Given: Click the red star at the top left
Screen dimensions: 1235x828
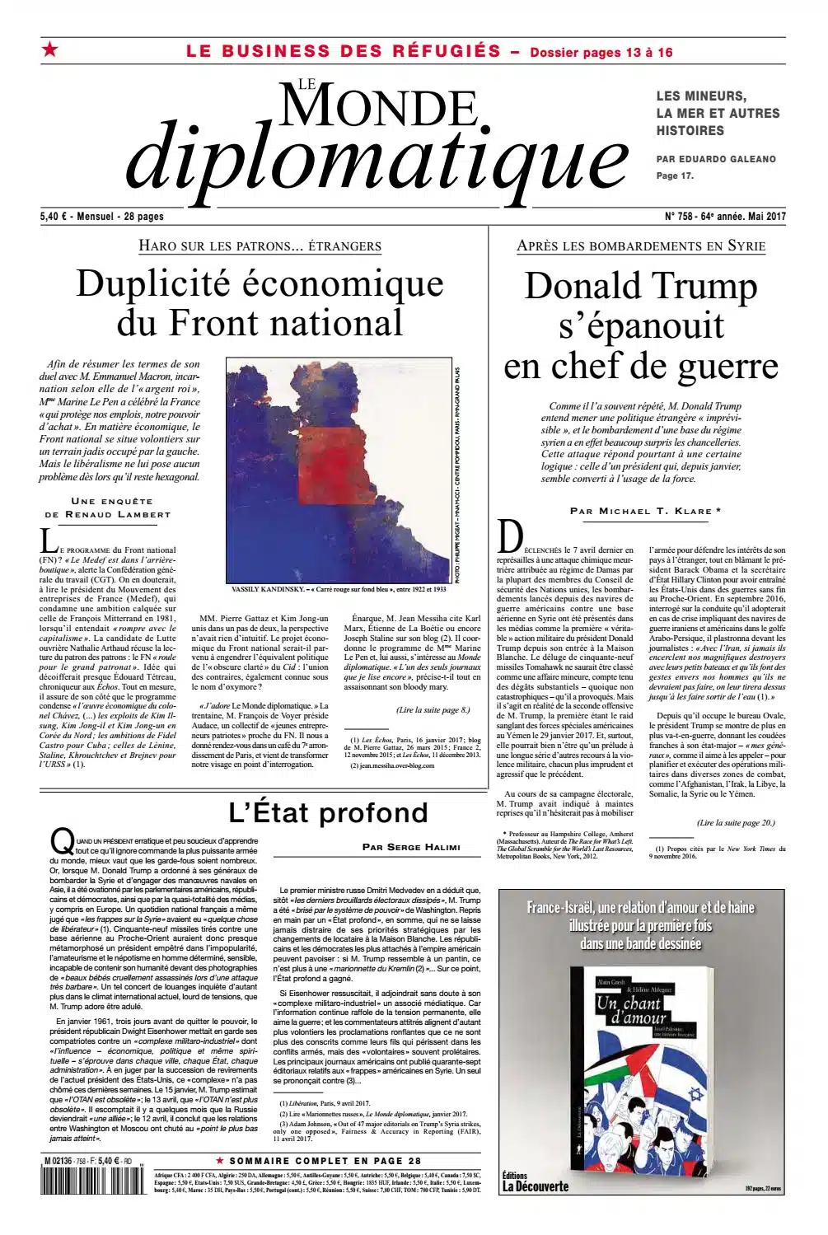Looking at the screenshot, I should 50,51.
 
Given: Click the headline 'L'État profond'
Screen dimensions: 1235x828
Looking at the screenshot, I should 328,812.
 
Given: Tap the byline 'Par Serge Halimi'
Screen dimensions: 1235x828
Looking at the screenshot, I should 410,847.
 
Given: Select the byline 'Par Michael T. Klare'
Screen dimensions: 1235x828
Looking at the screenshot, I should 645,511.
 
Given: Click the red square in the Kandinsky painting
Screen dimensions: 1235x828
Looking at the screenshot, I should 333,468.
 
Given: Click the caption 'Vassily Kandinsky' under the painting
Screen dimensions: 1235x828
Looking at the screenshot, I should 339,590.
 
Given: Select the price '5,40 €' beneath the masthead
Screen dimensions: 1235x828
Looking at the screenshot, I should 54,217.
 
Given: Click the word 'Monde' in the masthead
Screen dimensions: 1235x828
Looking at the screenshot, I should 379,105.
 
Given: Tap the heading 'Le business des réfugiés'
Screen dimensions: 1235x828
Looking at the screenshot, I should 343,51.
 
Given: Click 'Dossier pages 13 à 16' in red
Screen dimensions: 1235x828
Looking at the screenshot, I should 601,53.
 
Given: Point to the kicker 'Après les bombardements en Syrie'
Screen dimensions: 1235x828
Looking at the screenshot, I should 641,246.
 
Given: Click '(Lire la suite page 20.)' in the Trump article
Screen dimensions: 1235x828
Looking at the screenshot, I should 735,822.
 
